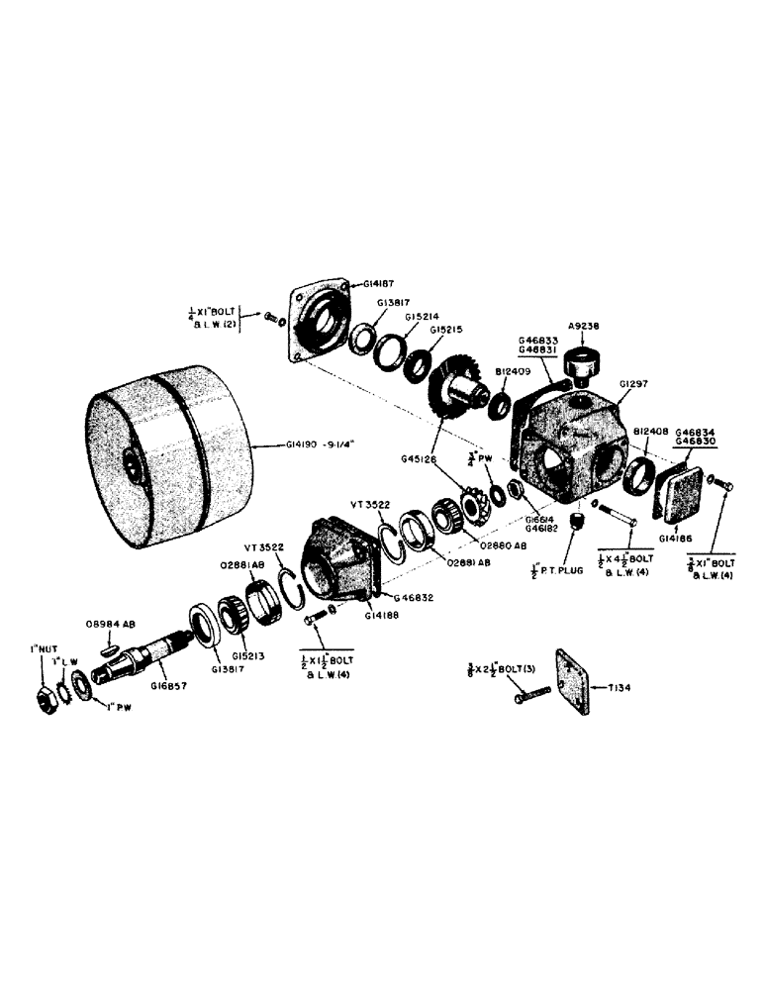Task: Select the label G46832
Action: [x=415, y=598]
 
